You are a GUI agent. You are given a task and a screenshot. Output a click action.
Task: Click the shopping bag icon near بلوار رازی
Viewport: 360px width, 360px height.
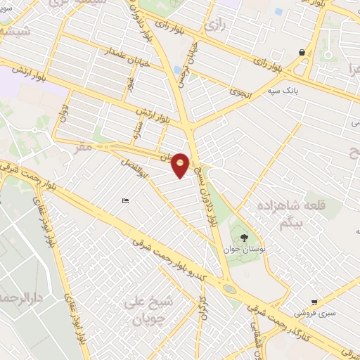[x=302, y=52]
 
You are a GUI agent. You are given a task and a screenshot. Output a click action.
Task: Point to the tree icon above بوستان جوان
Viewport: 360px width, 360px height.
[x=243, y=237]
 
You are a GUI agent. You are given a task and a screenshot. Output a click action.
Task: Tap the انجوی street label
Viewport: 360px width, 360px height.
[x=238, y=92]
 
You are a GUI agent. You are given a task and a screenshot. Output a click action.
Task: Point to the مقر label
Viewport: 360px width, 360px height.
[x=85, y=148]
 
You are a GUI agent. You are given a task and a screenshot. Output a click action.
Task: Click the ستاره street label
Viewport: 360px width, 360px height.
[x=138, y=129]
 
